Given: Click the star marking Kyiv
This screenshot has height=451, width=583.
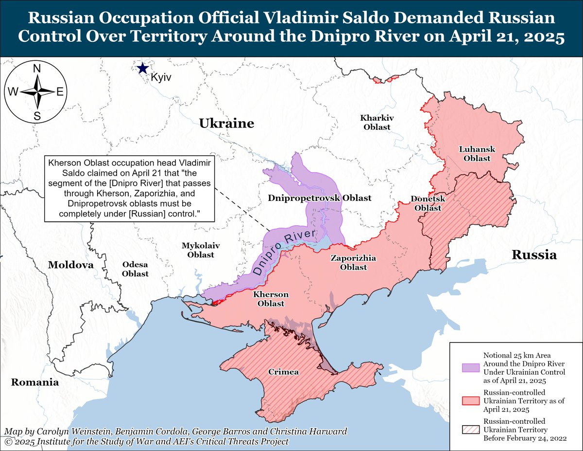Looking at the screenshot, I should coord(142,68).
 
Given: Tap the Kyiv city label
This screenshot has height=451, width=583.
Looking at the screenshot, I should coord(161,77).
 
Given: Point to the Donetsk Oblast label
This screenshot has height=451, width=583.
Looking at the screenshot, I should coord(426,203).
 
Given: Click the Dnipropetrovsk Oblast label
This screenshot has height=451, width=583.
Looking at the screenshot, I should coord(320,198).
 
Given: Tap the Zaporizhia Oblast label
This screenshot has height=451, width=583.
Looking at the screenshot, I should coord(353,263).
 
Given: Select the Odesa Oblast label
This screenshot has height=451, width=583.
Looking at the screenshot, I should coord(135,269).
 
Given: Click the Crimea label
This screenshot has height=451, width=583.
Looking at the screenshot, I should coord(284,372).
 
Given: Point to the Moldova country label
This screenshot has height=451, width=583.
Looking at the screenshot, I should coord(70,265).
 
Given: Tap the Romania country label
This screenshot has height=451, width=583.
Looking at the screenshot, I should coord(35,382).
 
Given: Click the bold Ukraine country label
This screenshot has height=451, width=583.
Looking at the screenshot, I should coord(226,124).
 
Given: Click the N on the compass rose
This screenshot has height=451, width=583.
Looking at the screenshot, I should coord(36,69).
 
